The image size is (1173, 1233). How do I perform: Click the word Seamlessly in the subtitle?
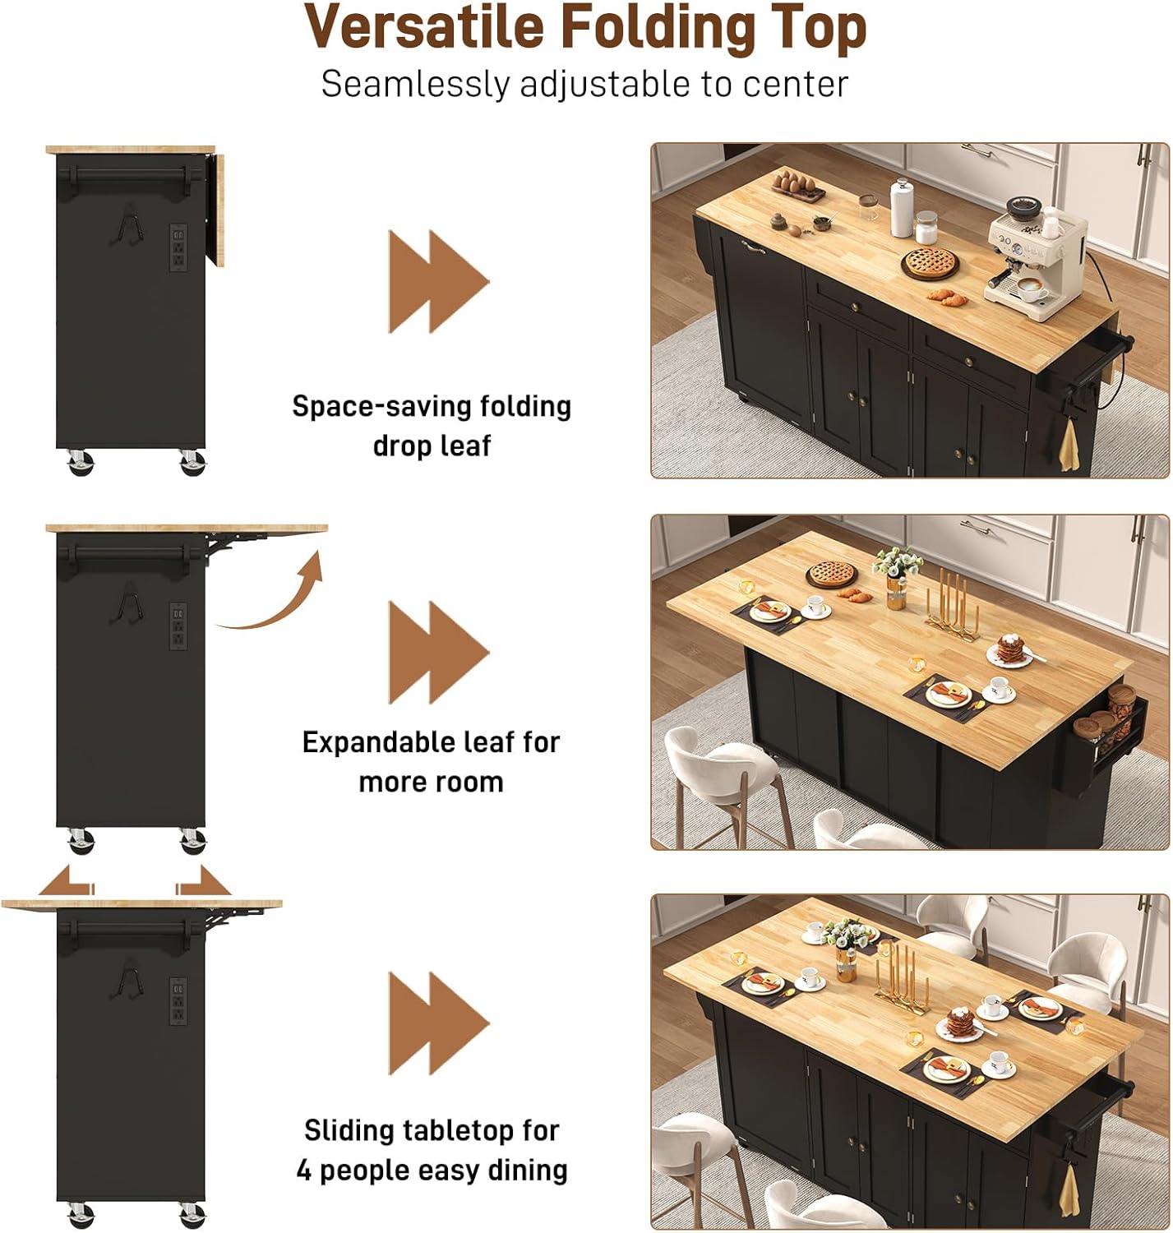click(x=414, y=85)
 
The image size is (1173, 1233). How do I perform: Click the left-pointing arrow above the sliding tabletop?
click(x=65, y=881)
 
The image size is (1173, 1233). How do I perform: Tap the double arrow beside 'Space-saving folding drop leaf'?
click(x=438, y=281)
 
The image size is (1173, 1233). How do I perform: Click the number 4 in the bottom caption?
click(x=304, y=1170)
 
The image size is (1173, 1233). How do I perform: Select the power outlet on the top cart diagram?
click(x=178, y=247)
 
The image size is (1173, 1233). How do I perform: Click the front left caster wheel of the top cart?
click(x=80, y=464)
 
